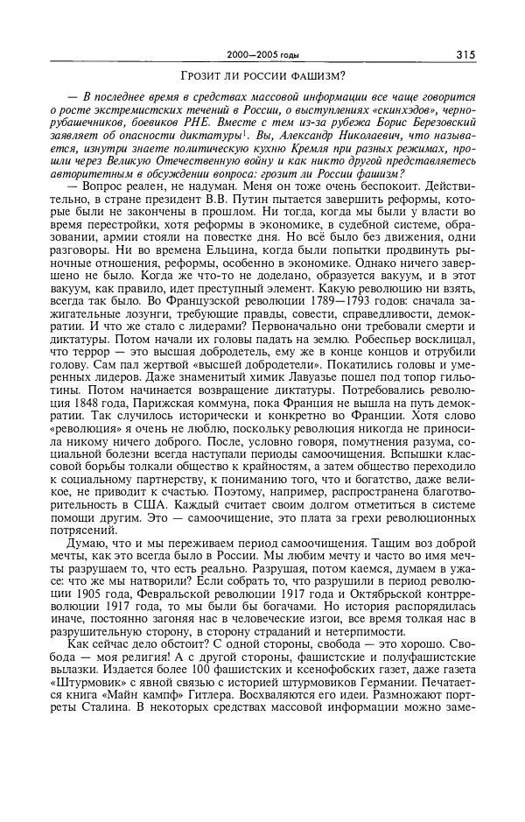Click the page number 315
coord(465,55)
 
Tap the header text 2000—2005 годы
coord(262,55)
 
